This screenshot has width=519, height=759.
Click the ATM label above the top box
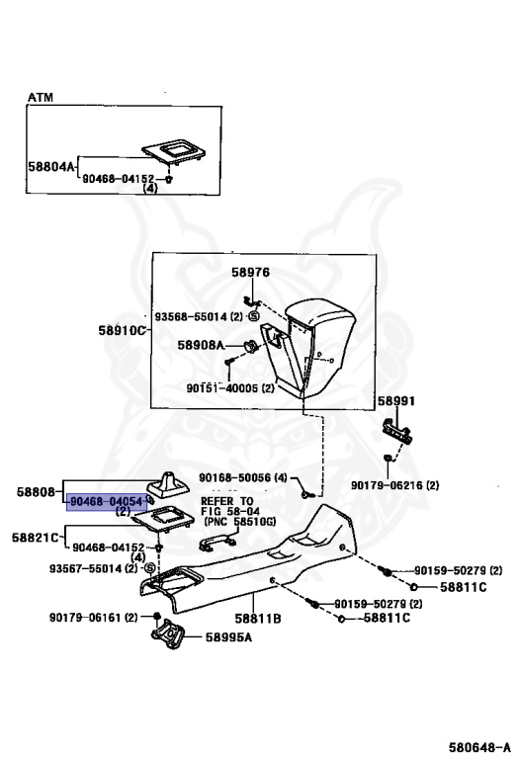coord(41,97)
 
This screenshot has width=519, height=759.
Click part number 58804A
coord(51,167)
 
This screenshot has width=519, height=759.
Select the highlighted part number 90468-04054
coord(107,502)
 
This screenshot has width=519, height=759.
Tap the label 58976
coord(250,273)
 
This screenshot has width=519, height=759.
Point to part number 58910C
coord(122,331)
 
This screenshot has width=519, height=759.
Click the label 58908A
coord(201,345)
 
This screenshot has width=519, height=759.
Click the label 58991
coord(396,401)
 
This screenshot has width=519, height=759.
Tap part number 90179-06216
coord(387,485)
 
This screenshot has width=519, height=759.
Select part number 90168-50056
coord(235,477)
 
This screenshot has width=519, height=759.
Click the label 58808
coord(36,492)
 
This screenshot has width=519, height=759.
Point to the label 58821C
coord(36,538)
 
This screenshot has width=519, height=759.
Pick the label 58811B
coord(258,619)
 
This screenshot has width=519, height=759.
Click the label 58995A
coord(229,637)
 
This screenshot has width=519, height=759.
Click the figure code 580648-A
coord(479,747)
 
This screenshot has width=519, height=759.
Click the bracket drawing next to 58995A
coord(168,633)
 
